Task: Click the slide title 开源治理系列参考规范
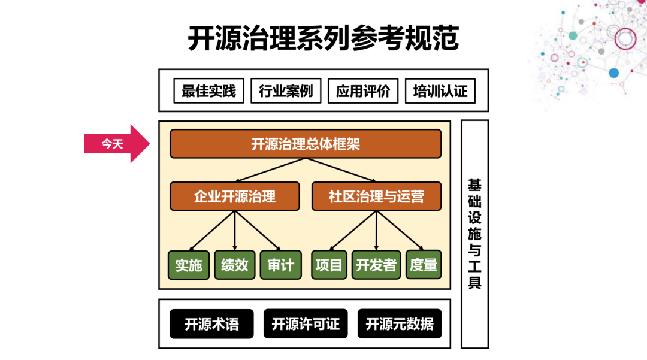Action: coord(323,39)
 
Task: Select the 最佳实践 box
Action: coord(208,91)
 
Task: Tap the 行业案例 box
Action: coord(286,91)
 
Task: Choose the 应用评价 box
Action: coord(363,91)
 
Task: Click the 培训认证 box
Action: coord(440,91)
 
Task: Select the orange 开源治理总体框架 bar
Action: coord(306,144)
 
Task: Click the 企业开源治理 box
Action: coord(235,196)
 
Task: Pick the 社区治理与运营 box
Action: coord(376,196)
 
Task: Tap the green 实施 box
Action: coord(189,265)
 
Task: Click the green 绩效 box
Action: coord(235,265)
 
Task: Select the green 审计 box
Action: coord(280,265)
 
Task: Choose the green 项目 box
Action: coord(329,265)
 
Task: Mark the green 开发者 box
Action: coord(376,265)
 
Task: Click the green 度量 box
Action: coord(424,265)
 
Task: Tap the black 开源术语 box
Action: coord(211,324)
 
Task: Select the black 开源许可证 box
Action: coord(306,324)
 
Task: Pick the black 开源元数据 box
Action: coord(400,324)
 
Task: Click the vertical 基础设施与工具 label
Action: coord(474,234)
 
